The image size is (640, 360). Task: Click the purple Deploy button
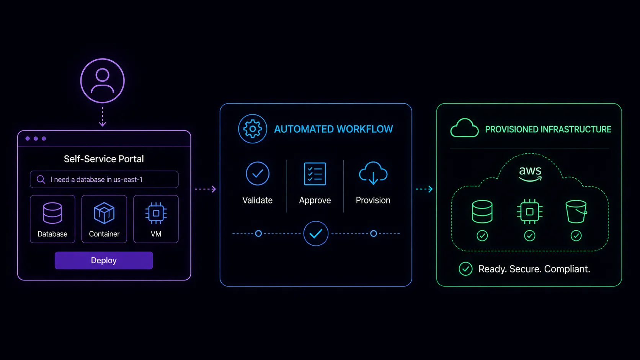[x=104, y=261]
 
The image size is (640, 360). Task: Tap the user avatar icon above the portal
[x=102, y=81]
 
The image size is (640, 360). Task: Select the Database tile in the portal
[x=52, y=219]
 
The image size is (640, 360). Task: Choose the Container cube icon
[x=104, y=213]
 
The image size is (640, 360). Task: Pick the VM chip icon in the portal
[x=156, y=213]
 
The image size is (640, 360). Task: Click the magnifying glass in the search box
[x=41, y=179]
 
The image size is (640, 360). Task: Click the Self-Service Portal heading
[x=104, y=159]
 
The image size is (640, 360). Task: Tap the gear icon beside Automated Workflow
[x=253, y=129]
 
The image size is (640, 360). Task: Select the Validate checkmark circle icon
[x=258, y=174]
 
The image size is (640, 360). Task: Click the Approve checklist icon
[x=315, y=174]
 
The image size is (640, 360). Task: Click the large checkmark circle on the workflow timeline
[x=316, y=233]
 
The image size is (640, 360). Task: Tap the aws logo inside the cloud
[x=530, y=174]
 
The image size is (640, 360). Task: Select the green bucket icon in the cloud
[x=576, y=212]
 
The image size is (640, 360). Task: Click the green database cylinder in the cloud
[x=482, y=212]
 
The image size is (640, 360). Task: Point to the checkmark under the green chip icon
[x=530, y=236]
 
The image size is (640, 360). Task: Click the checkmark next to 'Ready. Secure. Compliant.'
[x=466, y=269]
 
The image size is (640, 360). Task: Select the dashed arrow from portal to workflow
[x=206, y=189]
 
